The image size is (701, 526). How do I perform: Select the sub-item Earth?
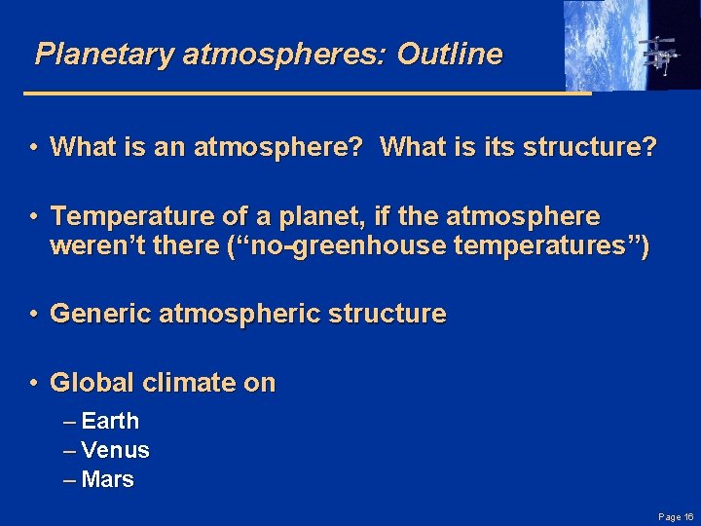pos(110,422)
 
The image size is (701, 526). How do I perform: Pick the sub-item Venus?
pos(115,450)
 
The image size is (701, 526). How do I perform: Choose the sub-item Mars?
pos(108,479)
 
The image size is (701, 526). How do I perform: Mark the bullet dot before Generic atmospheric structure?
pos(33,315)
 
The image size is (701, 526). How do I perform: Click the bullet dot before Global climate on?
pos(33,383)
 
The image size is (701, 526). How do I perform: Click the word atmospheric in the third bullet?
pos(231,315)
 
